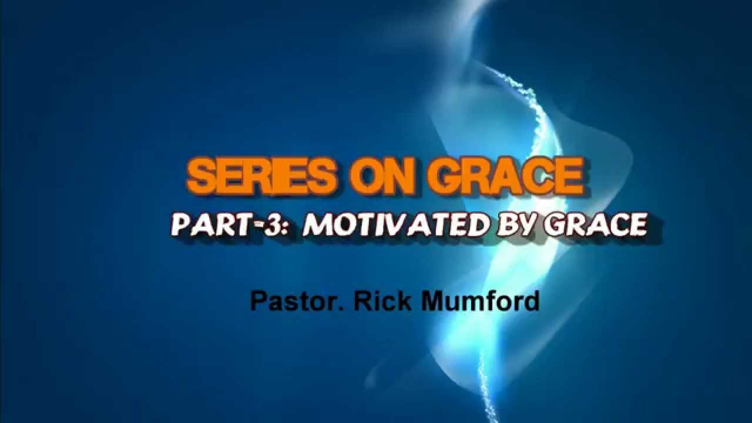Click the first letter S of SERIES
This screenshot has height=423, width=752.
203,177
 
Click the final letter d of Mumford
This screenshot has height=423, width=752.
532,301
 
